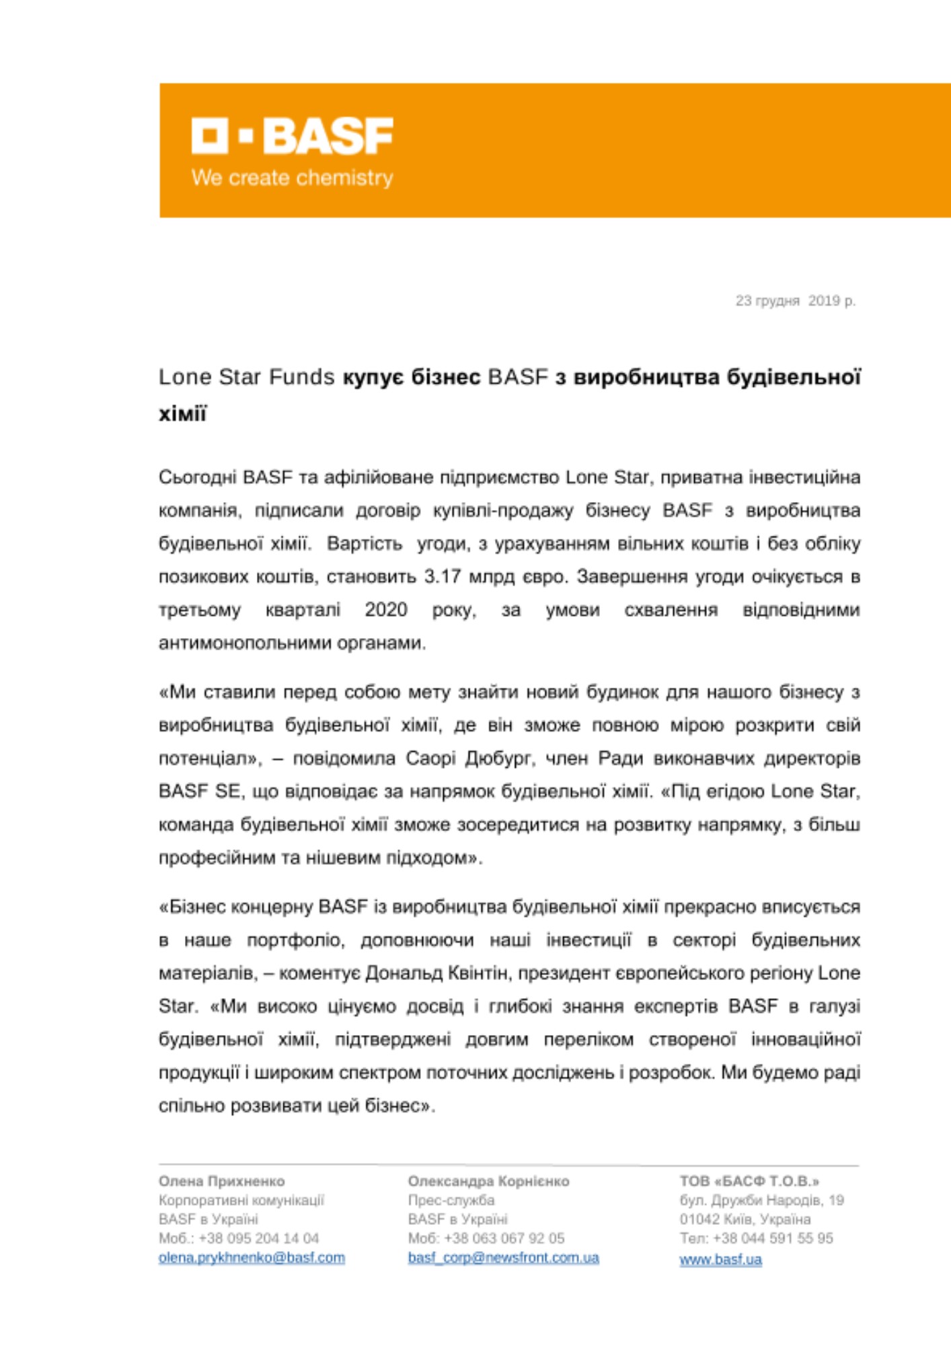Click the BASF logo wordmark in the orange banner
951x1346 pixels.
point(293,136)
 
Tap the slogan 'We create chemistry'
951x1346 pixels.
point(293,178)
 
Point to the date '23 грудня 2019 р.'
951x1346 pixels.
point(795,301)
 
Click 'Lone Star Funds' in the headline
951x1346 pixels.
point(246,377)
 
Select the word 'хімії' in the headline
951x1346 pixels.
point(182,413)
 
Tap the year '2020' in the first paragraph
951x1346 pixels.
point(386,610)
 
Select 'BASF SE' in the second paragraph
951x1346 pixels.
point(199,791)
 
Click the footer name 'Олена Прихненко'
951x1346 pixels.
point(221,1181)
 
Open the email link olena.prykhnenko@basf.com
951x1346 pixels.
point(252,1258)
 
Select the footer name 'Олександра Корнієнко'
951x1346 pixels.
point(488,1181)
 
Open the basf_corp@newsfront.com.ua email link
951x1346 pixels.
point(503,1258)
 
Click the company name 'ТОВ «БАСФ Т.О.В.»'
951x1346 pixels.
point(749,1181)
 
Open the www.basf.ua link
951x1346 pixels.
point(720,1259)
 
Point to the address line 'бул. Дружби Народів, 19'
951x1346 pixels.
point(761,1200)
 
